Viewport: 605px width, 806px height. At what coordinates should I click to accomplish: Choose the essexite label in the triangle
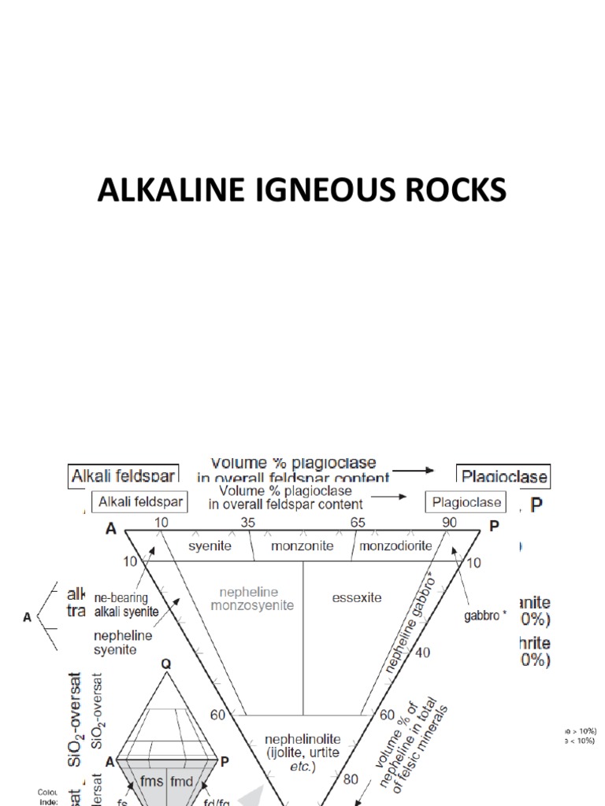(357, 597)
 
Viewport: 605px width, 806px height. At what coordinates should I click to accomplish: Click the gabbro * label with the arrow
(481, 616)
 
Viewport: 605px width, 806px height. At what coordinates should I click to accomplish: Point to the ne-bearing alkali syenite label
(126, 603)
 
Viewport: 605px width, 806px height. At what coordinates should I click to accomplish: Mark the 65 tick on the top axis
(358, 523)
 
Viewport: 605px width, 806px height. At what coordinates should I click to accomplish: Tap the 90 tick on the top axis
(450, 523)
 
